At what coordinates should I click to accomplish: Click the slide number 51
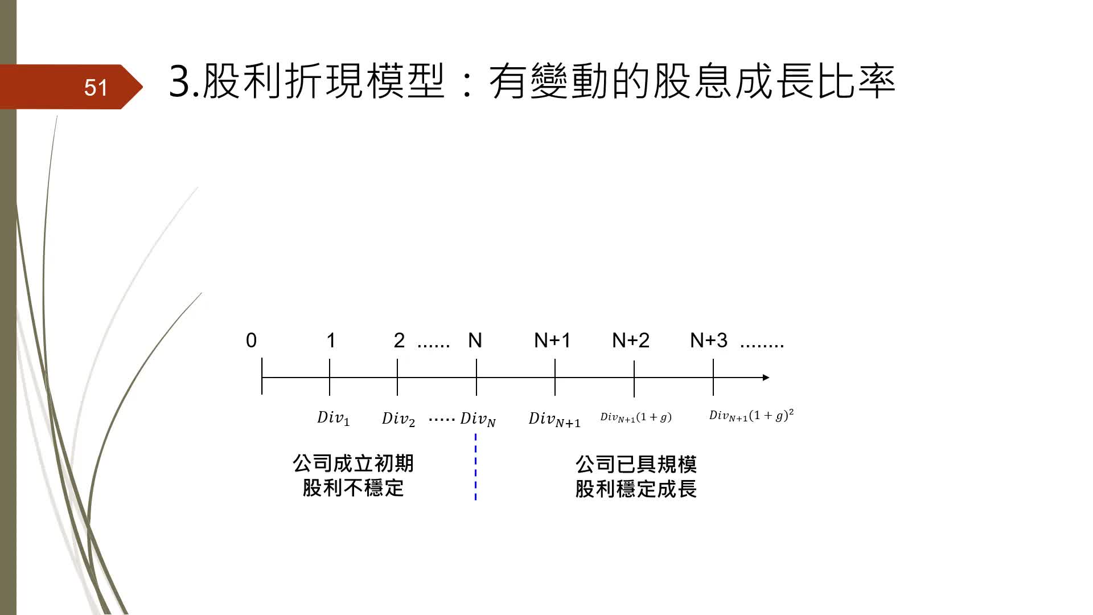[96, 87]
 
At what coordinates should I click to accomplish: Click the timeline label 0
[251, 341]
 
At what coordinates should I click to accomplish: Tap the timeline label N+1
[552, 341]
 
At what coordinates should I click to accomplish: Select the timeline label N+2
[631, 341]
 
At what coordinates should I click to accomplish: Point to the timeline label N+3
[709, 341]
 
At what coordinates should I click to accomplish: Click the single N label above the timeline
[475, 341]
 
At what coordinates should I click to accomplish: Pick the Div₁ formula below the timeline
[334, 418]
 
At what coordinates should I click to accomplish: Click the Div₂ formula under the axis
[398, 419]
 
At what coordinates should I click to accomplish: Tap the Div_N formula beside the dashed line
[478, 419]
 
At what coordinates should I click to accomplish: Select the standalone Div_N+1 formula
[554, 419]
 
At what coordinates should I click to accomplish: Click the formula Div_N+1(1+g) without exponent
[636, 417]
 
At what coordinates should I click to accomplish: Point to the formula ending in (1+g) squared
[751, 415]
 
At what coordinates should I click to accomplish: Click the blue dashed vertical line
[475, 467]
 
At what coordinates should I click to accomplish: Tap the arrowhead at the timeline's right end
[766, 378]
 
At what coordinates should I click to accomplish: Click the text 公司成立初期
[353, 464]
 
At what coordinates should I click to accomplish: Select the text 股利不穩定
[353, 488]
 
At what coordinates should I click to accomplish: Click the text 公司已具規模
[636, 465]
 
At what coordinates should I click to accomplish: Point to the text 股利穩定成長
[636, 489]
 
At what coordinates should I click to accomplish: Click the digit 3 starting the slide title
[180, 81]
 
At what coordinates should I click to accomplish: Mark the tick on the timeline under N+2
[634, 378]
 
